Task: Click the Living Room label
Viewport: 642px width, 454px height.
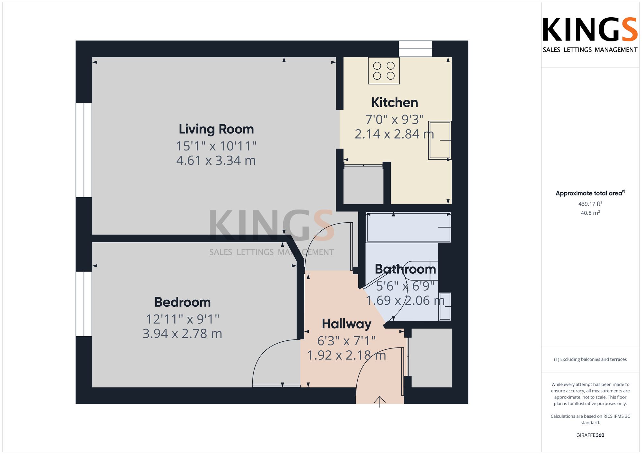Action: (x=216, y=129)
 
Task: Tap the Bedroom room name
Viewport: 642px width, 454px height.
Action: (x=182, y=302)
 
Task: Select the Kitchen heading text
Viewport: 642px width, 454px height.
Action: (x=395, y=103)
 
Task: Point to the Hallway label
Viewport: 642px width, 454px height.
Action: (x=346, y=324)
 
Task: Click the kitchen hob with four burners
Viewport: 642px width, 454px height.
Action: (x=384, y=71)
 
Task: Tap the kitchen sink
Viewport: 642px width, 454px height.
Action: (x=440, y=140)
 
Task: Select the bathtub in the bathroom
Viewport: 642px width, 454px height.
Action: (x=409, y=227)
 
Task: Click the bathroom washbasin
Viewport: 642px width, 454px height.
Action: (x=445, y=307)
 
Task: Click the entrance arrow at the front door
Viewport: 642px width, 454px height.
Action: (x=380, y=402)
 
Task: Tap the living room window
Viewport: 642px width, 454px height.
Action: (x=84, y=150)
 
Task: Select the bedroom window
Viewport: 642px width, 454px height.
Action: (x=84, y=304)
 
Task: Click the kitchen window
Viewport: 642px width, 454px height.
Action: (x=415, y=49)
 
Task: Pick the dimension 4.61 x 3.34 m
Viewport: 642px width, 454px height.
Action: (x=216, y=160)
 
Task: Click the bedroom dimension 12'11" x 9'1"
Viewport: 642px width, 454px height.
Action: (x=182, y=319)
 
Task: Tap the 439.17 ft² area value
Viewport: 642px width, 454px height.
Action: (x=590, y=204)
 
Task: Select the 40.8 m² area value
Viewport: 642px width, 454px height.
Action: (x=590, y=213)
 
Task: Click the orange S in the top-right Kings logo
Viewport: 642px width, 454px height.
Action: (x=628, y=30)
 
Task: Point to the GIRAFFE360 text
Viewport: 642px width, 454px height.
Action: (x=590, y=435)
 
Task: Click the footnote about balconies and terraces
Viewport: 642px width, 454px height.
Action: (x=590, y=359)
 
